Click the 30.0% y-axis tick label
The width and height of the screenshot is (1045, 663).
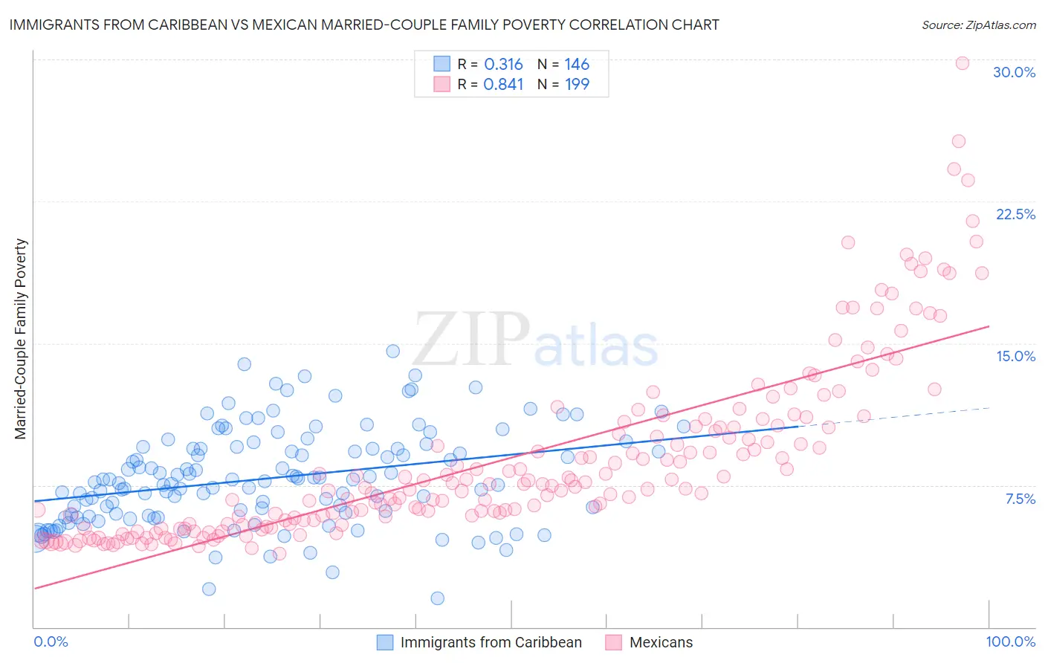coord(1014,72)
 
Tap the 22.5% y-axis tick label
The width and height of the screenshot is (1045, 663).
coord(1015,214)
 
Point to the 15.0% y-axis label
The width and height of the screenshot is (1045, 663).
coord(1015,356)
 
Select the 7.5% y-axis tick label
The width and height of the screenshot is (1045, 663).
coord(1020,499)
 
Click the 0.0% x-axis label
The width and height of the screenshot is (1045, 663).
coord(51,641)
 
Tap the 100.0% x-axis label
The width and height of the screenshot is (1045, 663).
coord(1010,641)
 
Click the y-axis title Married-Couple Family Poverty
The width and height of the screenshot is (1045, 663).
coord(21,339)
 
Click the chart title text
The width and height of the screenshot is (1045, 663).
coord(364,25)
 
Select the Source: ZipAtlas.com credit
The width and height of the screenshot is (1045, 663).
coord(978,25)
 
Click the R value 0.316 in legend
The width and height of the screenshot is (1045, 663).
coord(503,65)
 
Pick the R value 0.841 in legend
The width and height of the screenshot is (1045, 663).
coord(503,85)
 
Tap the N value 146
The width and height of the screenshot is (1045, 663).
coord(577,65)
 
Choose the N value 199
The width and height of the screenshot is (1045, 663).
coord(577,85)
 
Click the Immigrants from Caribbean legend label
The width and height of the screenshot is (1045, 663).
coord(491,642)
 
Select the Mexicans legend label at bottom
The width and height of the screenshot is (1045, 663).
coord(661,642)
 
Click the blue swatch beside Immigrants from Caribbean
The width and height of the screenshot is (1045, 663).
coord(384,642)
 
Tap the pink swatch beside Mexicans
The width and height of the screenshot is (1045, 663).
coord(613,642)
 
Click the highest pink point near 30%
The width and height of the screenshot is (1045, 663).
coord(962,63)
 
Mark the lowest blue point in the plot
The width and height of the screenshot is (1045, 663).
coord(437,598)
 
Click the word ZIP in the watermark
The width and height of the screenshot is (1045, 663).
coord(471,339)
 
